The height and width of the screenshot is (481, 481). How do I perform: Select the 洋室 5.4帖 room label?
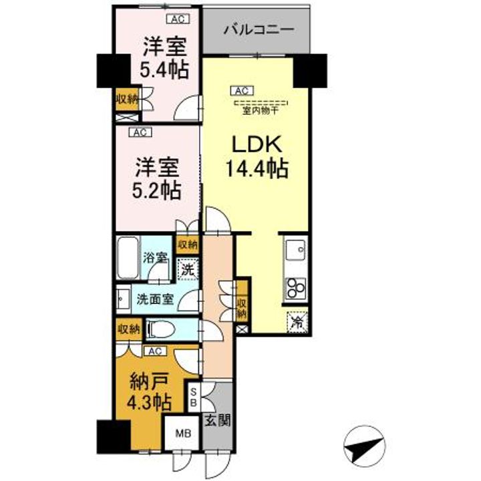[x=164, y=58]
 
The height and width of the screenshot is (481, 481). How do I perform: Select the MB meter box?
[x=182, y=434]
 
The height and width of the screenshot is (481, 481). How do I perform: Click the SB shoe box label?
[x=193, y=397]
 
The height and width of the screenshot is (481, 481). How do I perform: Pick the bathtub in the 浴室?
[x=126, y=260]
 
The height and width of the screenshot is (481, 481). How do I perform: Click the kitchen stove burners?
[x=295, y=288]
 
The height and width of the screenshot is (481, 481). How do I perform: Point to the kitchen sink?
[x=295, y=251]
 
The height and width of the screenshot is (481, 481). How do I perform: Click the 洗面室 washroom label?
[x=156, y=299]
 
